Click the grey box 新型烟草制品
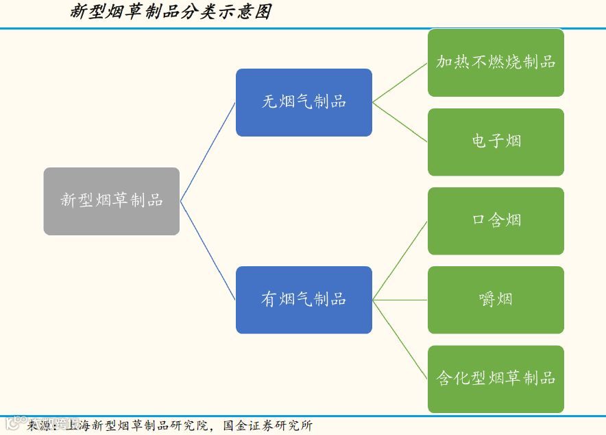pos(112,201)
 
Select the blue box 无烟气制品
pos(304,102)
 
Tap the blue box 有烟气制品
pos(304,300)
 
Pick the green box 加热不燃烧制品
pos(496,62)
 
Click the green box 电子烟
pos(496,141)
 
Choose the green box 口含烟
pos(496,220)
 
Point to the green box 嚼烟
pos(496,300)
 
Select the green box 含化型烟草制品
pos(496,379)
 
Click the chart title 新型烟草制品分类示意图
pos(171,12)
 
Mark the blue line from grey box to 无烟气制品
pos(208,152)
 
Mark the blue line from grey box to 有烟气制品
pos(208,250)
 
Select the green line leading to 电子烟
pos(400,121)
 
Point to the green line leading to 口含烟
pos(400,260)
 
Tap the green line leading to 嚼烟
pos(400,300)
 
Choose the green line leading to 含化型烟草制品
pos(400,339)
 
